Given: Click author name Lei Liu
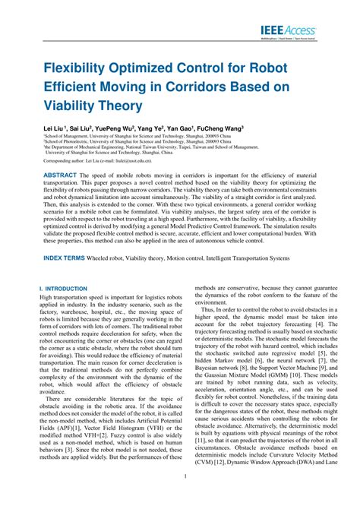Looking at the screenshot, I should coord(55,130).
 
